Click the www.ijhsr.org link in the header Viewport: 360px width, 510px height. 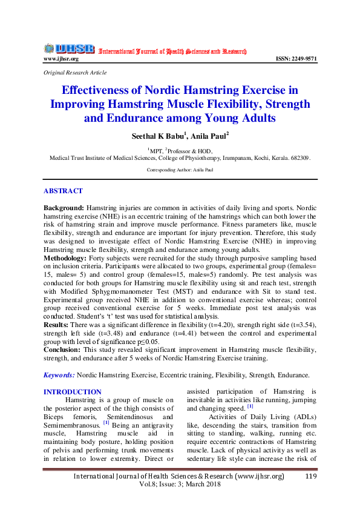point(61,59)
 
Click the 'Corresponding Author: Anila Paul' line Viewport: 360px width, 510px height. point(180,171)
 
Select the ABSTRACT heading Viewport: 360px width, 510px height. point(63,191)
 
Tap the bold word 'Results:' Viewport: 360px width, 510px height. point(57,325)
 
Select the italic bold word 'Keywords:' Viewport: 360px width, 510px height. point(59,376)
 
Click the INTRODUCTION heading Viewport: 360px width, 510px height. point(73,392)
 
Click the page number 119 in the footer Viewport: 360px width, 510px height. point(311,477)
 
